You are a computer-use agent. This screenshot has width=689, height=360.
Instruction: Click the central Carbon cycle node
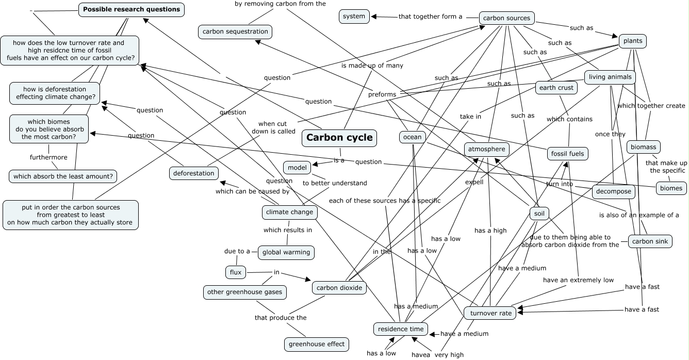tap(339, 138)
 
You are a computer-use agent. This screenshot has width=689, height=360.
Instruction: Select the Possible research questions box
tap(132, 9)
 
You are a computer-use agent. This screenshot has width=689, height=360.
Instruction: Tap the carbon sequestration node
tap(235, 31)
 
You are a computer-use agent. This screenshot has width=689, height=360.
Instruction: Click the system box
tap(354, 17)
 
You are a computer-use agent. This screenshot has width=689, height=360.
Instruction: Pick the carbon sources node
tap(506, 18)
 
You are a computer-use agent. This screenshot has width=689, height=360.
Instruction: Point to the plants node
tap(632, 41)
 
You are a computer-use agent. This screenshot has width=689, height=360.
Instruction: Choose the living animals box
tap(610, 77)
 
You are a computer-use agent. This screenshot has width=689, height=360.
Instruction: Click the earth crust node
tap(556, 88)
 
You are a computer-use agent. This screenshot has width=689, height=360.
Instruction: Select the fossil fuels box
tap(567, 153)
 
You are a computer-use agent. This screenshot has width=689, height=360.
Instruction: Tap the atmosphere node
tap(487, 150)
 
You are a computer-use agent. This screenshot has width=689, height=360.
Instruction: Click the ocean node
tap(412, 137)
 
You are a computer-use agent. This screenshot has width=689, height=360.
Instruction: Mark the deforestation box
tap(193, 173)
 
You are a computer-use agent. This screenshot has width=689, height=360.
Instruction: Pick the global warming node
tap(286, 252)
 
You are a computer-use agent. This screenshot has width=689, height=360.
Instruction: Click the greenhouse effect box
tap(317, 344)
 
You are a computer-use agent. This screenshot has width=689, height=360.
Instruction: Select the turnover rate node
tap(490, 313)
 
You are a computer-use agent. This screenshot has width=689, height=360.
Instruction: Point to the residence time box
tap(401, 329)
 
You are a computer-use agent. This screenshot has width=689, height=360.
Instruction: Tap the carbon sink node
tap(650, 241)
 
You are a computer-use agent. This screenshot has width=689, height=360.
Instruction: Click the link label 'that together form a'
tap(430, 17)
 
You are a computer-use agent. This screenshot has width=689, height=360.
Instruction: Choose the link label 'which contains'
tap(569, 119)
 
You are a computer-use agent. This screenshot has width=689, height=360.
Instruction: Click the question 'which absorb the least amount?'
tap(63, 176)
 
